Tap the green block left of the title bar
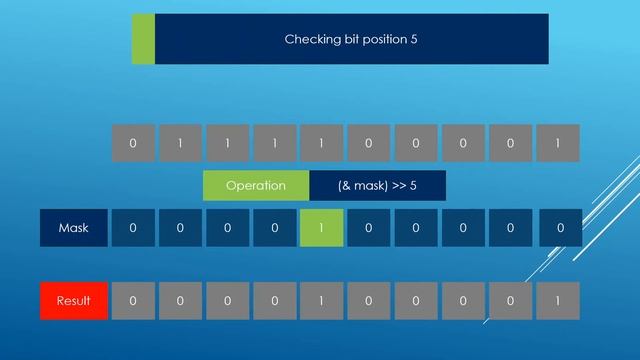click(x=143, y=39)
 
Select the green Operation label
click(x=256, y=185)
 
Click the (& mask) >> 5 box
click(x=377, y=185)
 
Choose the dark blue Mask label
click(x=73, y=227)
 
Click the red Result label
click(x=73, y=300)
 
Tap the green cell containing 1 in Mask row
click(x=321, y=227)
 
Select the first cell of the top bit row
click(x=133, y=142)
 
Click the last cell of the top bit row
click(x=558, y=142)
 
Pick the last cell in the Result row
click(x=558, y=300)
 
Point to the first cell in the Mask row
click(x=133, y=227)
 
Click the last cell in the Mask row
click(x=560, y=227)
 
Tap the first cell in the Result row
click(x=133, y=300)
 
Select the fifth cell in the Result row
click(x=321, y=300)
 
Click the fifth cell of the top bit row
click(x=321, y=142)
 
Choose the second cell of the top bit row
click(x=180, y=142)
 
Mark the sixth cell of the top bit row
click(x=368, y=142)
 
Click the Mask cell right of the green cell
click(x=368, y=227)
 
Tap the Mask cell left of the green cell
click(x=274, y=227)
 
